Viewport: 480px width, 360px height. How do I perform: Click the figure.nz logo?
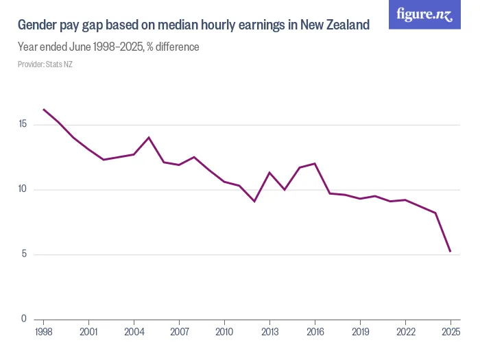pyautogui.click(x=424, y=15)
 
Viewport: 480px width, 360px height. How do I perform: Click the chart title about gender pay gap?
pyautogui.click(x=193, y=25)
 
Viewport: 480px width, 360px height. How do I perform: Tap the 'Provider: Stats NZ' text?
pyautogui.click(x=45, y=64)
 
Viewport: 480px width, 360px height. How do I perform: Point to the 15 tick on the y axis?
pyautogui.click(x=23, y=124)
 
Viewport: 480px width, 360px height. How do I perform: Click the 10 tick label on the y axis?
pyautogui.click(x=23, y=189)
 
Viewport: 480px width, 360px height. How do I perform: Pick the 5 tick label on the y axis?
pyautogui.click(x=24, y=254)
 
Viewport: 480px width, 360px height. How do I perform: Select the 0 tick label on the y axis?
pyautogui.click(x=24, y=319)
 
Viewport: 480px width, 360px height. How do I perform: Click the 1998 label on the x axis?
pyautogui.click(x=43, y=333)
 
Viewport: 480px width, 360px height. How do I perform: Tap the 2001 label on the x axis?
pyautogui.click(x=88, y=333)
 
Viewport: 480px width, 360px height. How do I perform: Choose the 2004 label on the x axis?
pyautogui.click(x=134, y=333)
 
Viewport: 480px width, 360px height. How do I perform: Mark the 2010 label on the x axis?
pyautogui.click(x=224, y=333)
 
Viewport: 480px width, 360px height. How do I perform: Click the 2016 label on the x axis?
pyautogui.click(x=315, y=333)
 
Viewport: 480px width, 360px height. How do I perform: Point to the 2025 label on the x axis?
pyautogui.click(x=451, y=333)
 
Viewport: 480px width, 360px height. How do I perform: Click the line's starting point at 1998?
pyautogui.click(x=43, y=109)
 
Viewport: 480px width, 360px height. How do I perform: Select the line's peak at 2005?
pyautogui.click(x=149, y=137)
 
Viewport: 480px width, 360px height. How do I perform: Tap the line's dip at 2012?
pyautogui.click(x=254, y=201)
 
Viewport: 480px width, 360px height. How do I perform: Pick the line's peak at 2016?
pyautogui.click(x=315, y=163)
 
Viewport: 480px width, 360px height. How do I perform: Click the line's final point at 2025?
pyautogui.click(x=451, y=252)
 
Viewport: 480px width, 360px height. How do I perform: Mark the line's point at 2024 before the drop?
pyautogui.click(x=435, y=213)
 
